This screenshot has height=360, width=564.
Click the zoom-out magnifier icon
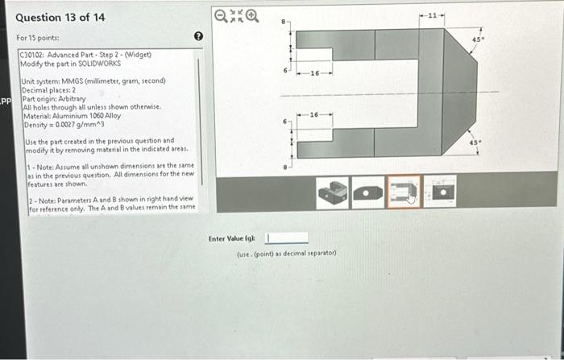tap(222, 14)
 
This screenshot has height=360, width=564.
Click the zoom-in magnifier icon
tap(254, 14)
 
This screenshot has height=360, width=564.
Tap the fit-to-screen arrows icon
tap(238, 14)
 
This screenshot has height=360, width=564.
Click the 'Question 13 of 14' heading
tap(60, 17)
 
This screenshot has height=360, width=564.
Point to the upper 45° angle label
tap(476, 38)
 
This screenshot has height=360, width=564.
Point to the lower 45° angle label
tap(476, 142)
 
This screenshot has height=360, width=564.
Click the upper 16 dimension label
tap(314, 73)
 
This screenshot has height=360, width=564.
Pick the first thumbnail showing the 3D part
tap(332, 192)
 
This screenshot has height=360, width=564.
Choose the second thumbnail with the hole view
tap(368, 192)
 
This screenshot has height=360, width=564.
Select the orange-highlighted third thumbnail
tap(404, 192)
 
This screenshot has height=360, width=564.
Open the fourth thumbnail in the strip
tap(441, 192)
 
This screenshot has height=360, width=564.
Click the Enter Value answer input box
tap(287, 238)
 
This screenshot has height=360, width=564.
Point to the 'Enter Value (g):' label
tap(232, 238)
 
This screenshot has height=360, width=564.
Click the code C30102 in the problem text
tap(33, 55)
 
